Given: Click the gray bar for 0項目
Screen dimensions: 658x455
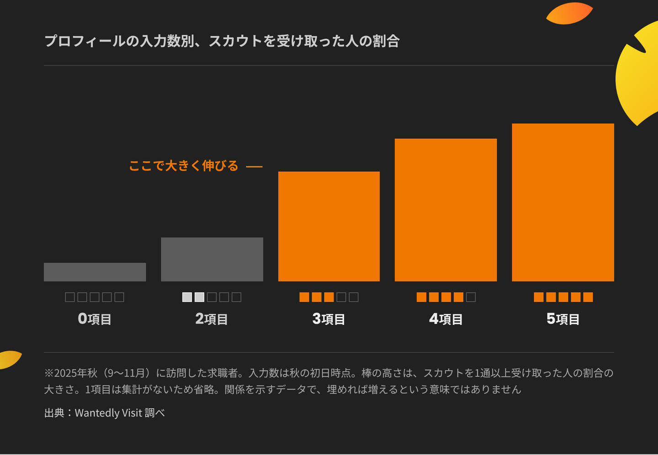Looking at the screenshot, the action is click(x=95, y=272).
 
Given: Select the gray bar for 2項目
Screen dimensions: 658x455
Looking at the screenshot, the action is click(x=212, y=259).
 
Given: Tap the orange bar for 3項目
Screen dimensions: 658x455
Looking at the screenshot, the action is click(x=329, y=226).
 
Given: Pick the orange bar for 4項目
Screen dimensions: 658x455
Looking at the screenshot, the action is click(x=446, y=210).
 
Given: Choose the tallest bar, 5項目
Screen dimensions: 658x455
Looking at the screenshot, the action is click(x=563, y=202).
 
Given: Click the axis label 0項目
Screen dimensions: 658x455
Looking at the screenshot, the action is click(x=95, y=319).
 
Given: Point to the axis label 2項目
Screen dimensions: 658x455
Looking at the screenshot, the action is click(x=212, y=319).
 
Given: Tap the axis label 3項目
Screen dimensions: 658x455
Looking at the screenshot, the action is click(x=329, y=319).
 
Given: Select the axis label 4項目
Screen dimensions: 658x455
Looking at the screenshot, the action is click(x=446, y=319).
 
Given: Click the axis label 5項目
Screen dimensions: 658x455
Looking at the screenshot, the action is click(x=563, y=319).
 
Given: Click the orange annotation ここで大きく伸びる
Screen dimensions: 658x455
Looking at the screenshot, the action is click(x=184, y=166).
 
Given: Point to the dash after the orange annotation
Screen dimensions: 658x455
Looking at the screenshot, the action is click(x=254, y=166).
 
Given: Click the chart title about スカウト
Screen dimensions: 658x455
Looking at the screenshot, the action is click(x=222, y=41).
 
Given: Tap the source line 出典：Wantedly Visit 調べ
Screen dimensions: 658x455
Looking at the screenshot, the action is click(x=104, y=412).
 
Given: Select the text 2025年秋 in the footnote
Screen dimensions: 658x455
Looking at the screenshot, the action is click(x=76, y=373).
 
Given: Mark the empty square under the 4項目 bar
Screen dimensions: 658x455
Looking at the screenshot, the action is click(x=471, y=297).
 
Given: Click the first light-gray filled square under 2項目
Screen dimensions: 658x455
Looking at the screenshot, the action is click(x=187, y=297).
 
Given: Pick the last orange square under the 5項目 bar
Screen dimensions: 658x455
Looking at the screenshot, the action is click(x=588, y=297).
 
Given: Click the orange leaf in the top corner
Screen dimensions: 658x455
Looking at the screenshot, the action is click(x=569, y=14).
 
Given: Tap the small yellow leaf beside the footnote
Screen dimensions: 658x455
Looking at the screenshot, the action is click(x=10, y=359).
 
